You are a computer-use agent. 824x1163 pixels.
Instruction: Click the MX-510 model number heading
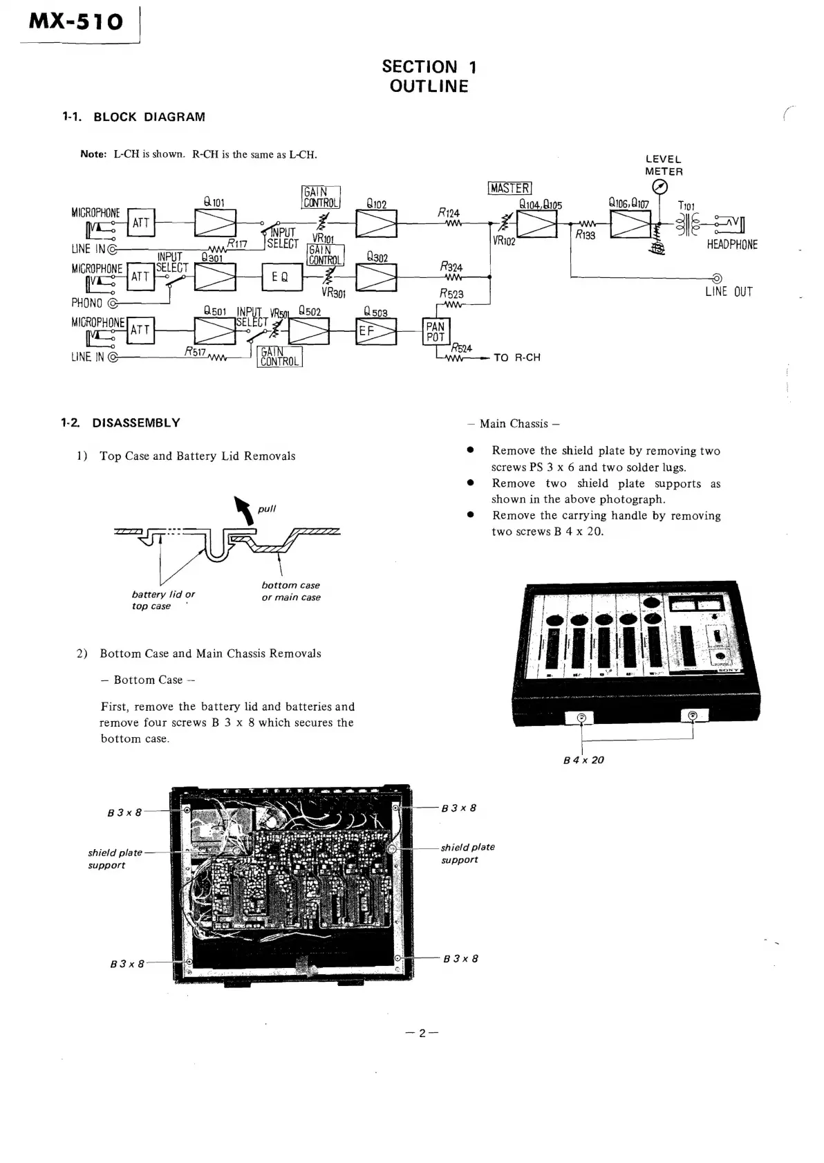coord(76,21)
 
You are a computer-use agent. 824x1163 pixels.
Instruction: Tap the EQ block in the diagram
coord(281,277)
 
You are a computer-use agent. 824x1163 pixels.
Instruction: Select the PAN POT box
coord(436,331)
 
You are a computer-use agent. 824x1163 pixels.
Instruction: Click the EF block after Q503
coord(375,331)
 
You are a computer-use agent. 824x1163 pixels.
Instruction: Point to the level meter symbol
coord(659,187)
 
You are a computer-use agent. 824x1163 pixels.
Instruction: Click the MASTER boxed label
coord(509,188)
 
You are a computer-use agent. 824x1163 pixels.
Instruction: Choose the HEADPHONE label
coord(732,245)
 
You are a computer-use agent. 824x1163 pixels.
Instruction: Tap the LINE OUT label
coord(729,292)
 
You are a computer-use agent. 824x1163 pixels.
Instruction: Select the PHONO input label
coord(86,303)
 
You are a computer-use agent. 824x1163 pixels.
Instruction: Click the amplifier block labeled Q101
coord(215,223)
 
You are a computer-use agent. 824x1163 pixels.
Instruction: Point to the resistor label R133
coord(585,235)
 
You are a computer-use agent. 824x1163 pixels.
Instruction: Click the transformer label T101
coord(686,205)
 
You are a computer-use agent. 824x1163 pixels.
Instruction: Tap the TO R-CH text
coord(516,357)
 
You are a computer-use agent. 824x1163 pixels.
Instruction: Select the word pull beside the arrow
coord(267,509)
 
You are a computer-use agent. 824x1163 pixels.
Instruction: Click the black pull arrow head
coord(241,503)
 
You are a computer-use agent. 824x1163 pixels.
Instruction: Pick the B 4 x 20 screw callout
coord(583,760)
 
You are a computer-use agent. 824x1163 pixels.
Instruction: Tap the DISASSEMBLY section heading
coord(136,422)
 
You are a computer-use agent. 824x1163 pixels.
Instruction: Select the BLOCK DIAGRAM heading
coord(149,117)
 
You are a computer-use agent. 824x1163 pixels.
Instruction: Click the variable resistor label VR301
coord(333,293)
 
